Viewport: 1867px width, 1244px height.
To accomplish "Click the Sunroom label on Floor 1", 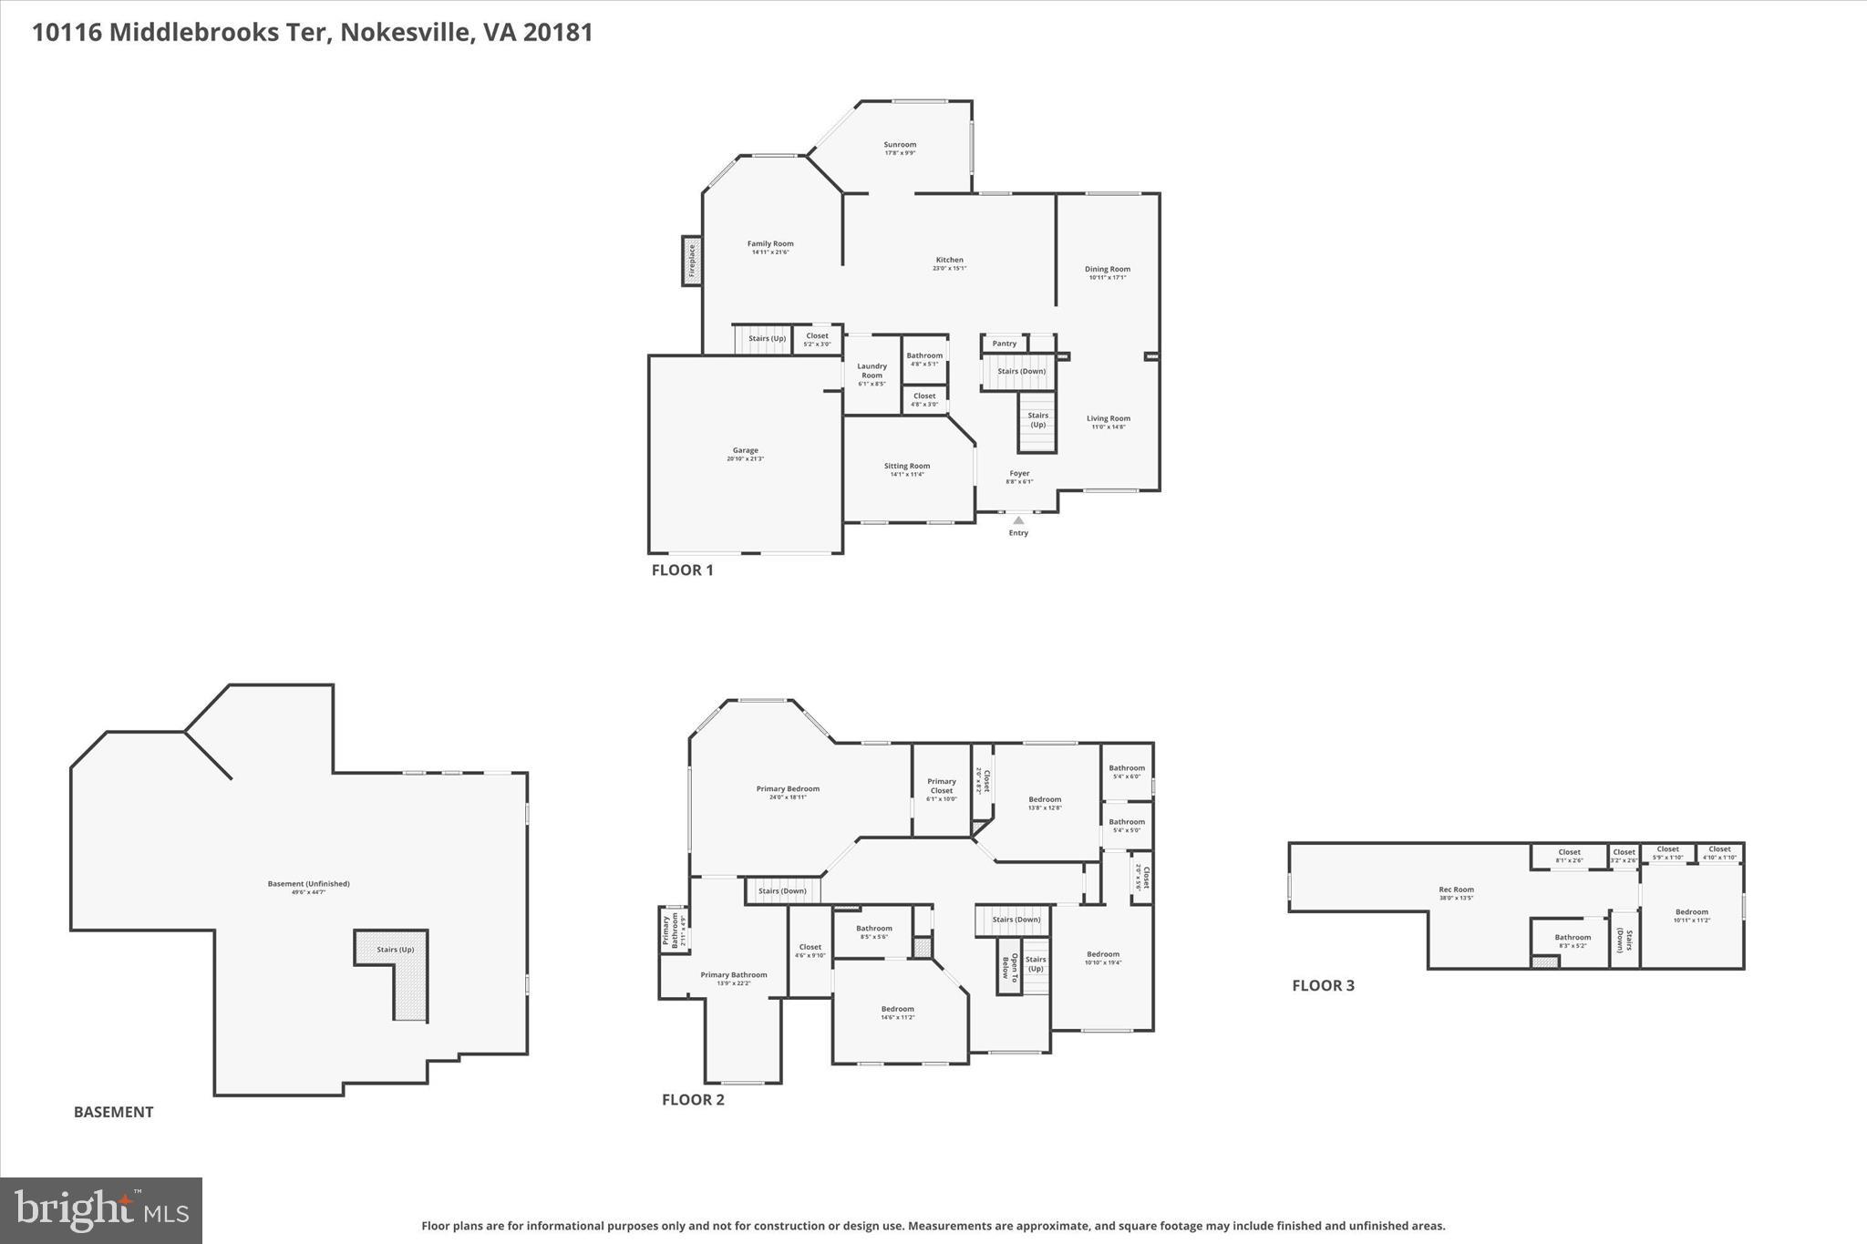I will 899,145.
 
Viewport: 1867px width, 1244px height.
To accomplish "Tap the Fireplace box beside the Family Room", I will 692,261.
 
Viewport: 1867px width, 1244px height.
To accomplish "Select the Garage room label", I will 745,451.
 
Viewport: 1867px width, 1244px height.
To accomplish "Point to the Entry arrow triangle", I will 1018,520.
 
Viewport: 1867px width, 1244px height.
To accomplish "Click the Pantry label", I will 1004,344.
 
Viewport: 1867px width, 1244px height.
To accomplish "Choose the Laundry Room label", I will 872,371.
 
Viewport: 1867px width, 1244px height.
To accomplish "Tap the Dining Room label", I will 1107,270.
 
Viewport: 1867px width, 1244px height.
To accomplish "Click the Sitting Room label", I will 906,467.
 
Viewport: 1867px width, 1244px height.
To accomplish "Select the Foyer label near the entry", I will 1019,474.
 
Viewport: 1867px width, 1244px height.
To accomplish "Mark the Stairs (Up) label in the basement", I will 395,950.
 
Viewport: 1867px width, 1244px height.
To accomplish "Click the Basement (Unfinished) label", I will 308,884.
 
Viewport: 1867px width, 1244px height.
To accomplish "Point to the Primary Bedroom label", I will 788,789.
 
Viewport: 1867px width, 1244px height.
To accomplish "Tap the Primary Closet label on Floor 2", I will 942,786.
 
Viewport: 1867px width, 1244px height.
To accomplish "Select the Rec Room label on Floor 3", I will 1456,890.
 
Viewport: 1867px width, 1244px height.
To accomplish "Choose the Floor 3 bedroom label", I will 1691,912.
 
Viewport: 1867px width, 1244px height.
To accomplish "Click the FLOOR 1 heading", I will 682,571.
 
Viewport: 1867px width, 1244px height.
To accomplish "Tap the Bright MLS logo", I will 101,1210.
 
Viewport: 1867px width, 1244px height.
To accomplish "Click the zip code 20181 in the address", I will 558,33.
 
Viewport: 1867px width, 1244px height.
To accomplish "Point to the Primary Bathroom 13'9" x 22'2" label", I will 733,975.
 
